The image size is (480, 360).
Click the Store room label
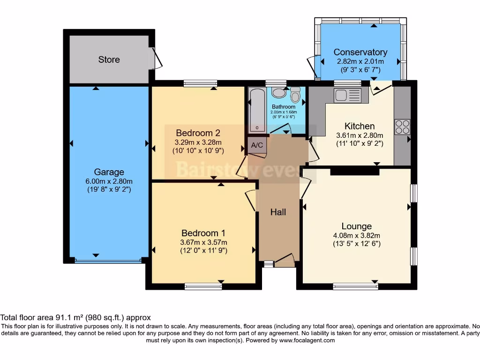(109, 60)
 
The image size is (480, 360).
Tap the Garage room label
(109, 172)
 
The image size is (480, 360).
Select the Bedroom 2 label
(198, 132)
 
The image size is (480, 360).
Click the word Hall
(278, 212)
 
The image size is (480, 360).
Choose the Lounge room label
(356, 226)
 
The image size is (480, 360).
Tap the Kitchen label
(360, 126)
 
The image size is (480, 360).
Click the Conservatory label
(360, 52)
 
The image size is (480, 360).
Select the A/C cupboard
(257, 145)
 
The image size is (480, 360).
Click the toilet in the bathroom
(295, 95)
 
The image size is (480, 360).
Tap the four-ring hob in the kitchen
(402, 127)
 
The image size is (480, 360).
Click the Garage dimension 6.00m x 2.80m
(109, 181)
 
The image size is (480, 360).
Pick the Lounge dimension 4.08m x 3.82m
(356, 236)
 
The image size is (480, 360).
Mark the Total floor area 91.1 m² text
(75, 317)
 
